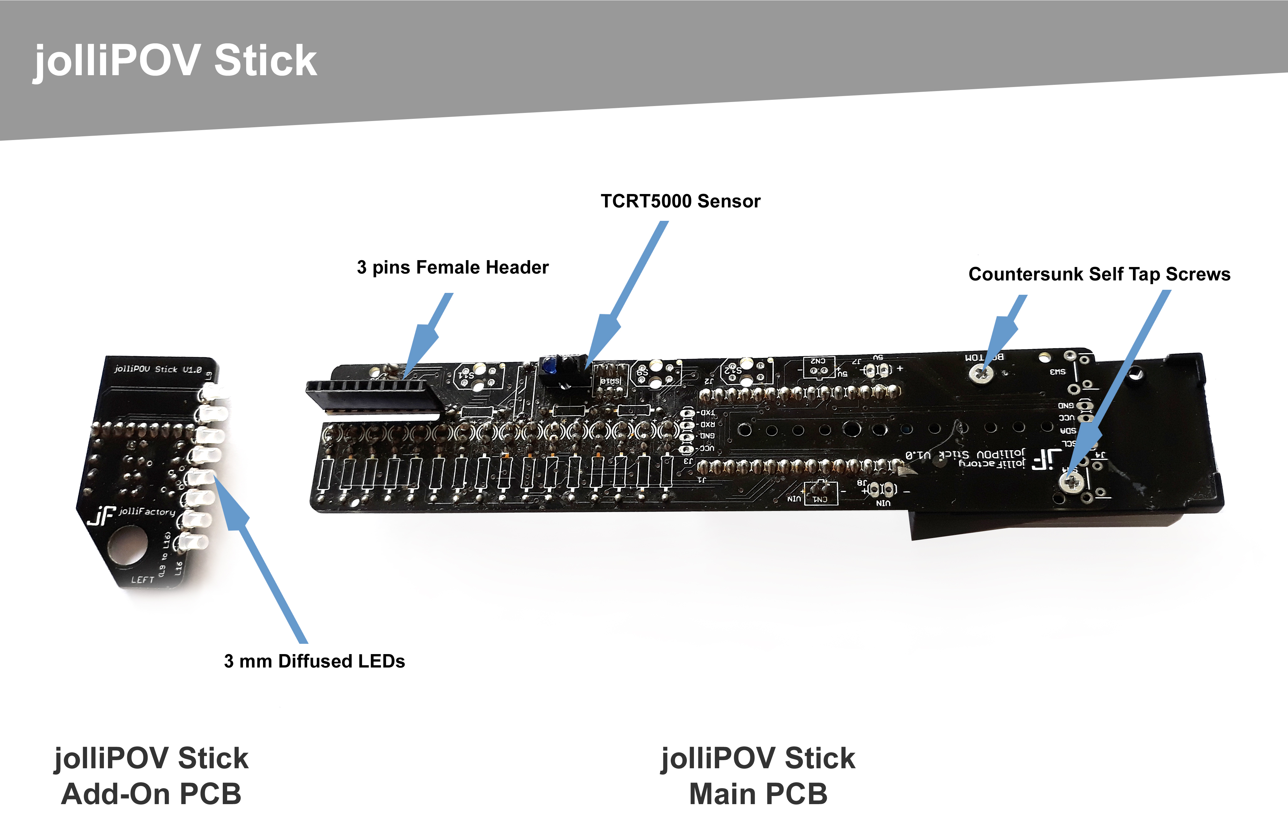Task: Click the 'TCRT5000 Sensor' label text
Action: [x=680, y=201]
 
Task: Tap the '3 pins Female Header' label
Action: [x=452, y=267]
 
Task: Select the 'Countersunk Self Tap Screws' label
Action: [x=1099, y=274]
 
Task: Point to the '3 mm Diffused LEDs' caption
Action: [x=315, y=661]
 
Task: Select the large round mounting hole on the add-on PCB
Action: [x=128, y=546]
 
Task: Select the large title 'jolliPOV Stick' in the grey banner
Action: [x=176, y=61]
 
